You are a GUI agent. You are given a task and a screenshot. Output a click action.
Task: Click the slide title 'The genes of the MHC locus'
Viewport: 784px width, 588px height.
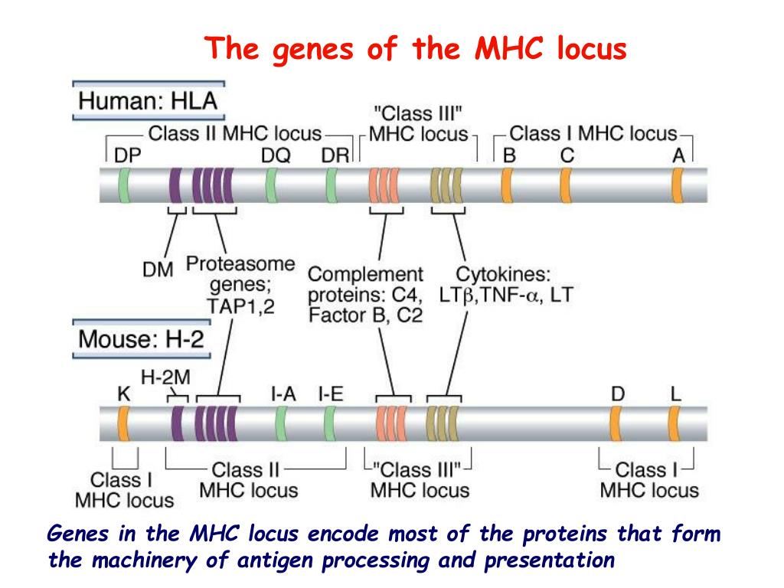click(417, 50)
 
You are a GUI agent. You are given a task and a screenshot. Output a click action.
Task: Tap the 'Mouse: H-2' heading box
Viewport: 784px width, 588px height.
click(142, 338)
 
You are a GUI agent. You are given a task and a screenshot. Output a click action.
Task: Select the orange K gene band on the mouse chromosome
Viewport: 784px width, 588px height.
click(122, 422)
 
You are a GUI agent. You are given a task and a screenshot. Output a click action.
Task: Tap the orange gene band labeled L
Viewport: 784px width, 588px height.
click(675, 422)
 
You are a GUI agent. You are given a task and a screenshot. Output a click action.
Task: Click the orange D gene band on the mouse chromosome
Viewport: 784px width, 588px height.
click(616, 422)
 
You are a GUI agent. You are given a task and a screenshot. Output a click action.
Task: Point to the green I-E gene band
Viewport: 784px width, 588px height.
click(331, 422)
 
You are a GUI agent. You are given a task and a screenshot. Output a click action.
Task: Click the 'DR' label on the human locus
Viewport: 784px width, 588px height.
click(335, 155)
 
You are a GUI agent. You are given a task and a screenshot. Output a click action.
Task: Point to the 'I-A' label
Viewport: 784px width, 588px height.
click(283, 394)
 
